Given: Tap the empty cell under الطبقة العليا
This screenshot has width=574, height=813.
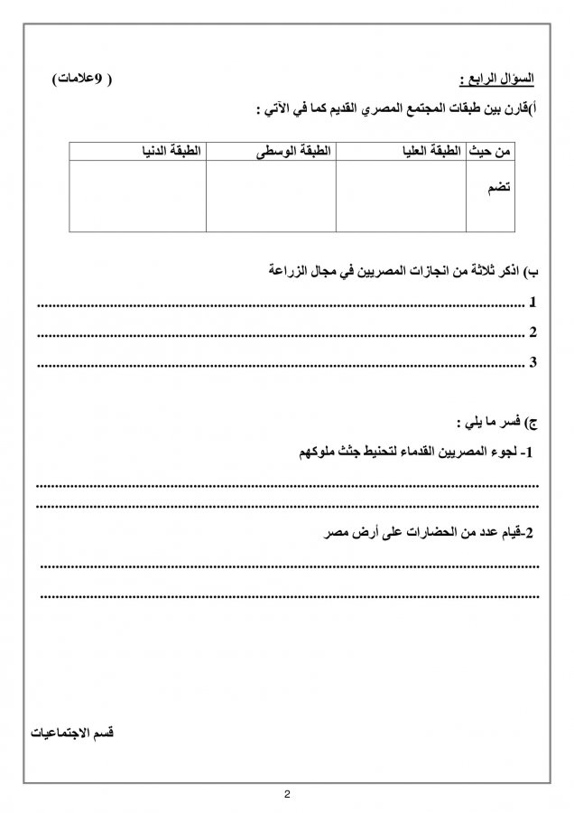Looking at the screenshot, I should [400, 197].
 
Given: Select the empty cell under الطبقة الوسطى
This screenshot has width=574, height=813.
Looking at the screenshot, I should [270, 197].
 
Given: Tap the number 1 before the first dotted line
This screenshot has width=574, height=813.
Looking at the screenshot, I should [533, 302].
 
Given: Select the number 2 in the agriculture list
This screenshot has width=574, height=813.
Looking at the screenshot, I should [533, 332].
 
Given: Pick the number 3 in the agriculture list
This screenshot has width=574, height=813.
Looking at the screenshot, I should [533, 363].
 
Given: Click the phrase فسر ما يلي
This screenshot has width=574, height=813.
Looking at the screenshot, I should [486, 422].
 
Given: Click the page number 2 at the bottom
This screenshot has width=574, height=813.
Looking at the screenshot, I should [287, 795].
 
